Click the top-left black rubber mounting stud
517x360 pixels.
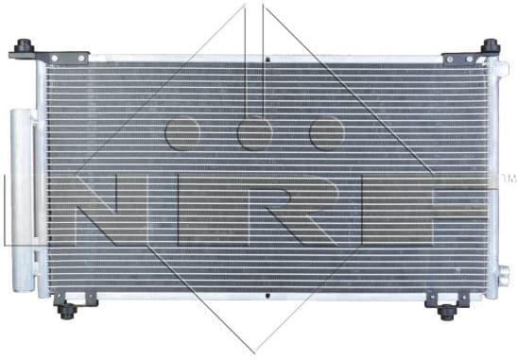(25, 45)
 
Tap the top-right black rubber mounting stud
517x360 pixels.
(490, 45)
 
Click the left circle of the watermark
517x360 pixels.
(181, 133)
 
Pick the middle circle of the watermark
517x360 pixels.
(254, 133)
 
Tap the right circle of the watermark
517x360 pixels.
(326, 133)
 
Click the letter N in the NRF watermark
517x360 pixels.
(105, 210)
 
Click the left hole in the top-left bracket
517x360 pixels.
(54, 59)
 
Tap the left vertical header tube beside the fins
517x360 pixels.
(42, 180)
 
